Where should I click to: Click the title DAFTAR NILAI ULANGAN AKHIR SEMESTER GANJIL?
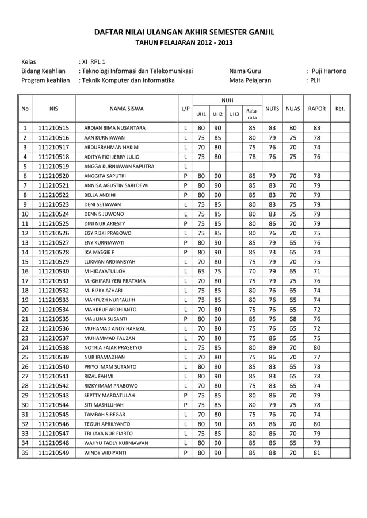click(x=183, y=32)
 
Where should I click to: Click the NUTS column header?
click(x=272, y=108)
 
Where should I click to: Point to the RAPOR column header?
click(x=317, y=108)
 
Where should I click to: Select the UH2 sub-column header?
click(x=217, y=114)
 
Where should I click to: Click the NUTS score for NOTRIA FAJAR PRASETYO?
click(x=272, y=347)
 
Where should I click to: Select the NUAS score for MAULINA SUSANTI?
click(x=293, y=318)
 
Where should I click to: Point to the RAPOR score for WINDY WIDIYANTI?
click(x=317, y=453)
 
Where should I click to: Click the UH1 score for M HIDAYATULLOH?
click(x=201, y=270)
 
